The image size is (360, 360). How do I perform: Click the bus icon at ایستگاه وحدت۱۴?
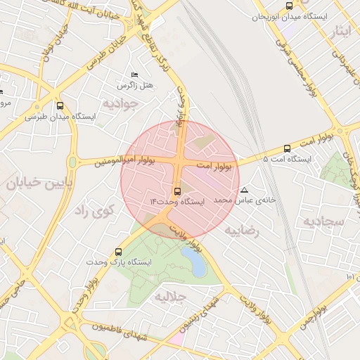point(176,191)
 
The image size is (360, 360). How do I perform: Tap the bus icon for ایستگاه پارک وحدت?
point(117,251)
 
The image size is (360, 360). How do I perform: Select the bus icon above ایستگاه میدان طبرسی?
point(59,106)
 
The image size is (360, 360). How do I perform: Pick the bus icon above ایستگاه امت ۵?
point(286,148)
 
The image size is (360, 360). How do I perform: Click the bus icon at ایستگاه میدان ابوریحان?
point(290,6)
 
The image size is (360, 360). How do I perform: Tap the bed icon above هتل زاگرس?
point(135,75)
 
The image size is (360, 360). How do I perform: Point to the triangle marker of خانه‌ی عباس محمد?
point(244,190)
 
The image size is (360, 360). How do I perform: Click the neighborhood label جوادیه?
point(122,103)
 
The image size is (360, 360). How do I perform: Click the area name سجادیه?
point(323,221)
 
